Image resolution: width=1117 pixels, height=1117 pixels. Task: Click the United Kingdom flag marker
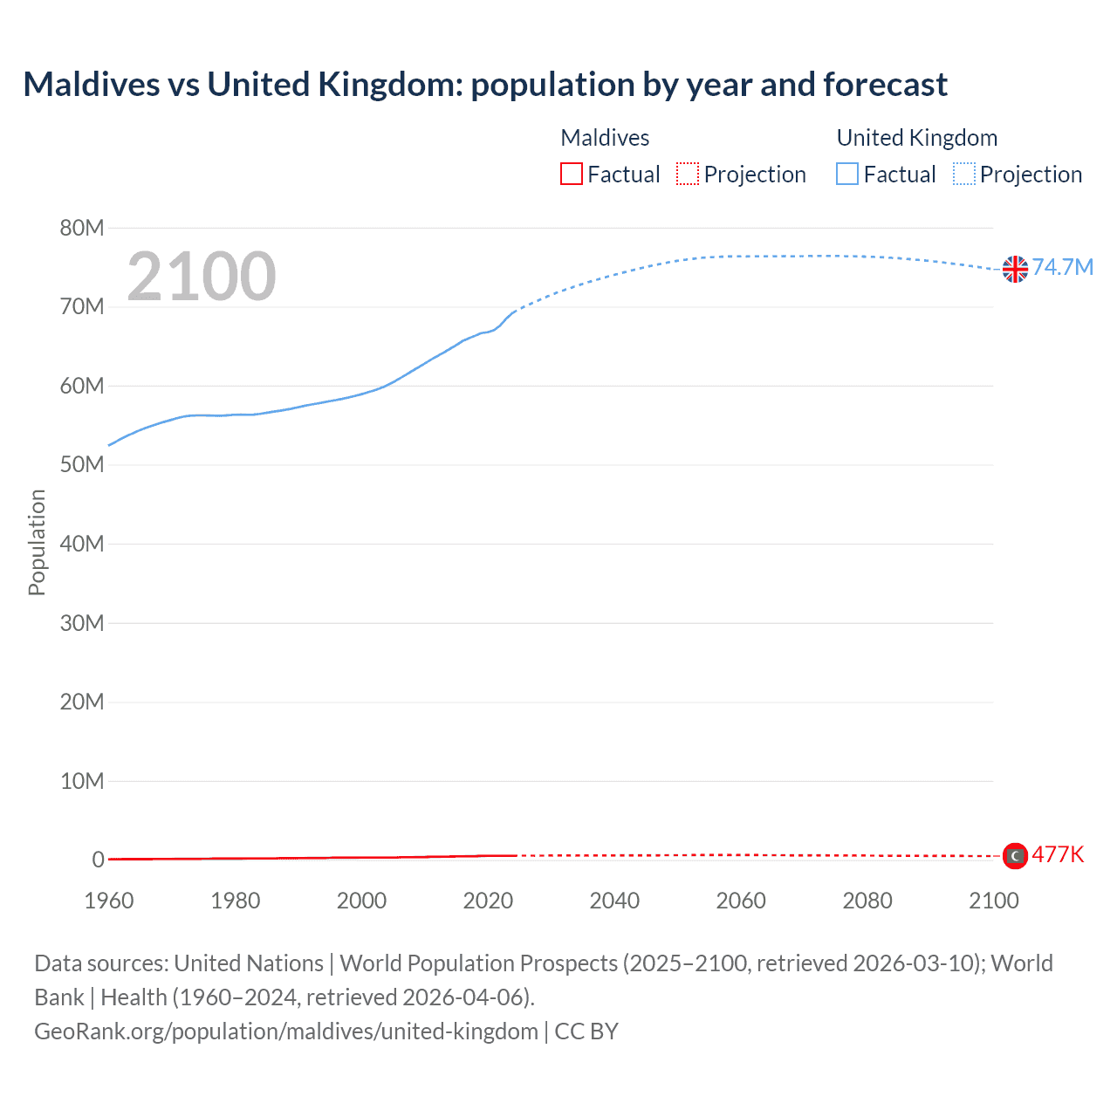pyautogui.click(x=1015, y=269)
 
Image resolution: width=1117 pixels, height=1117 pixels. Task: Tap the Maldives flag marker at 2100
pyautogui.click(x=1015, y=856)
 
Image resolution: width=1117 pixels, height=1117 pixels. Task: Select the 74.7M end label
pyautogui.click(x=1063, y=267)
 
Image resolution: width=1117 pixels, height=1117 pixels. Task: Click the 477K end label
pyautogui.click(x=1058, y=854)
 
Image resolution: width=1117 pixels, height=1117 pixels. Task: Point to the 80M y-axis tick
pyautogui.click(x=82, y=228)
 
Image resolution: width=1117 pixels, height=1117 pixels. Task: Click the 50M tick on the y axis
pyautogui.click(x=82, y=464)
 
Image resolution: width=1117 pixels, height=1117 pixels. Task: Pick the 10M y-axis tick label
pyautogui.click(x=82, y=780)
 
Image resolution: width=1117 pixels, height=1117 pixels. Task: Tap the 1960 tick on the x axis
pyautogui.click(x=109, y=901)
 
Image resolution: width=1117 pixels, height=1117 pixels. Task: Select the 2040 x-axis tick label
pyautogui.click(x=614, y=901)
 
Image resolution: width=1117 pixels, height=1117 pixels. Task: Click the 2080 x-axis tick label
pyautogui.click(x=867, y=901)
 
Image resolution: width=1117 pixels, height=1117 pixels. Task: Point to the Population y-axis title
pyautogui.click(x=37, y=542)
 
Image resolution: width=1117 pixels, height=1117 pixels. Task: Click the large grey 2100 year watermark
pyautogui.click(x=202, y=277)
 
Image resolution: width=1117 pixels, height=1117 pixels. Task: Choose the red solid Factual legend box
pyautogui.click(x=572, y=175)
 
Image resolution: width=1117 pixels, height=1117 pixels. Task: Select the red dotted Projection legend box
pyautogui.click(x=688, y=175)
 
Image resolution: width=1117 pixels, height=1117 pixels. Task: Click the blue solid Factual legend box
pyautogui.click(x=847, y=175)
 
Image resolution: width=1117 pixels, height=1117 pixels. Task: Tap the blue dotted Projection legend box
pyautogui.click(x=964, y=175)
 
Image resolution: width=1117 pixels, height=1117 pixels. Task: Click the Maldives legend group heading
pyautogui.click(x=605, y=138)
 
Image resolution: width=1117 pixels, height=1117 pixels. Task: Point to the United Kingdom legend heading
pyautogui.click(x=916, y=138)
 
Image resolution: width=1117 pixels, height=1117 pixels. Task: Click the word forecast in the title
pyautogui.click(x=885, y=85)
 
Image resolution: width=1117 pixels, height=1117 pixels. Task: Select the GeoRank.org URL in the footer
pyautogui.click(x=286, y=1031)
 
